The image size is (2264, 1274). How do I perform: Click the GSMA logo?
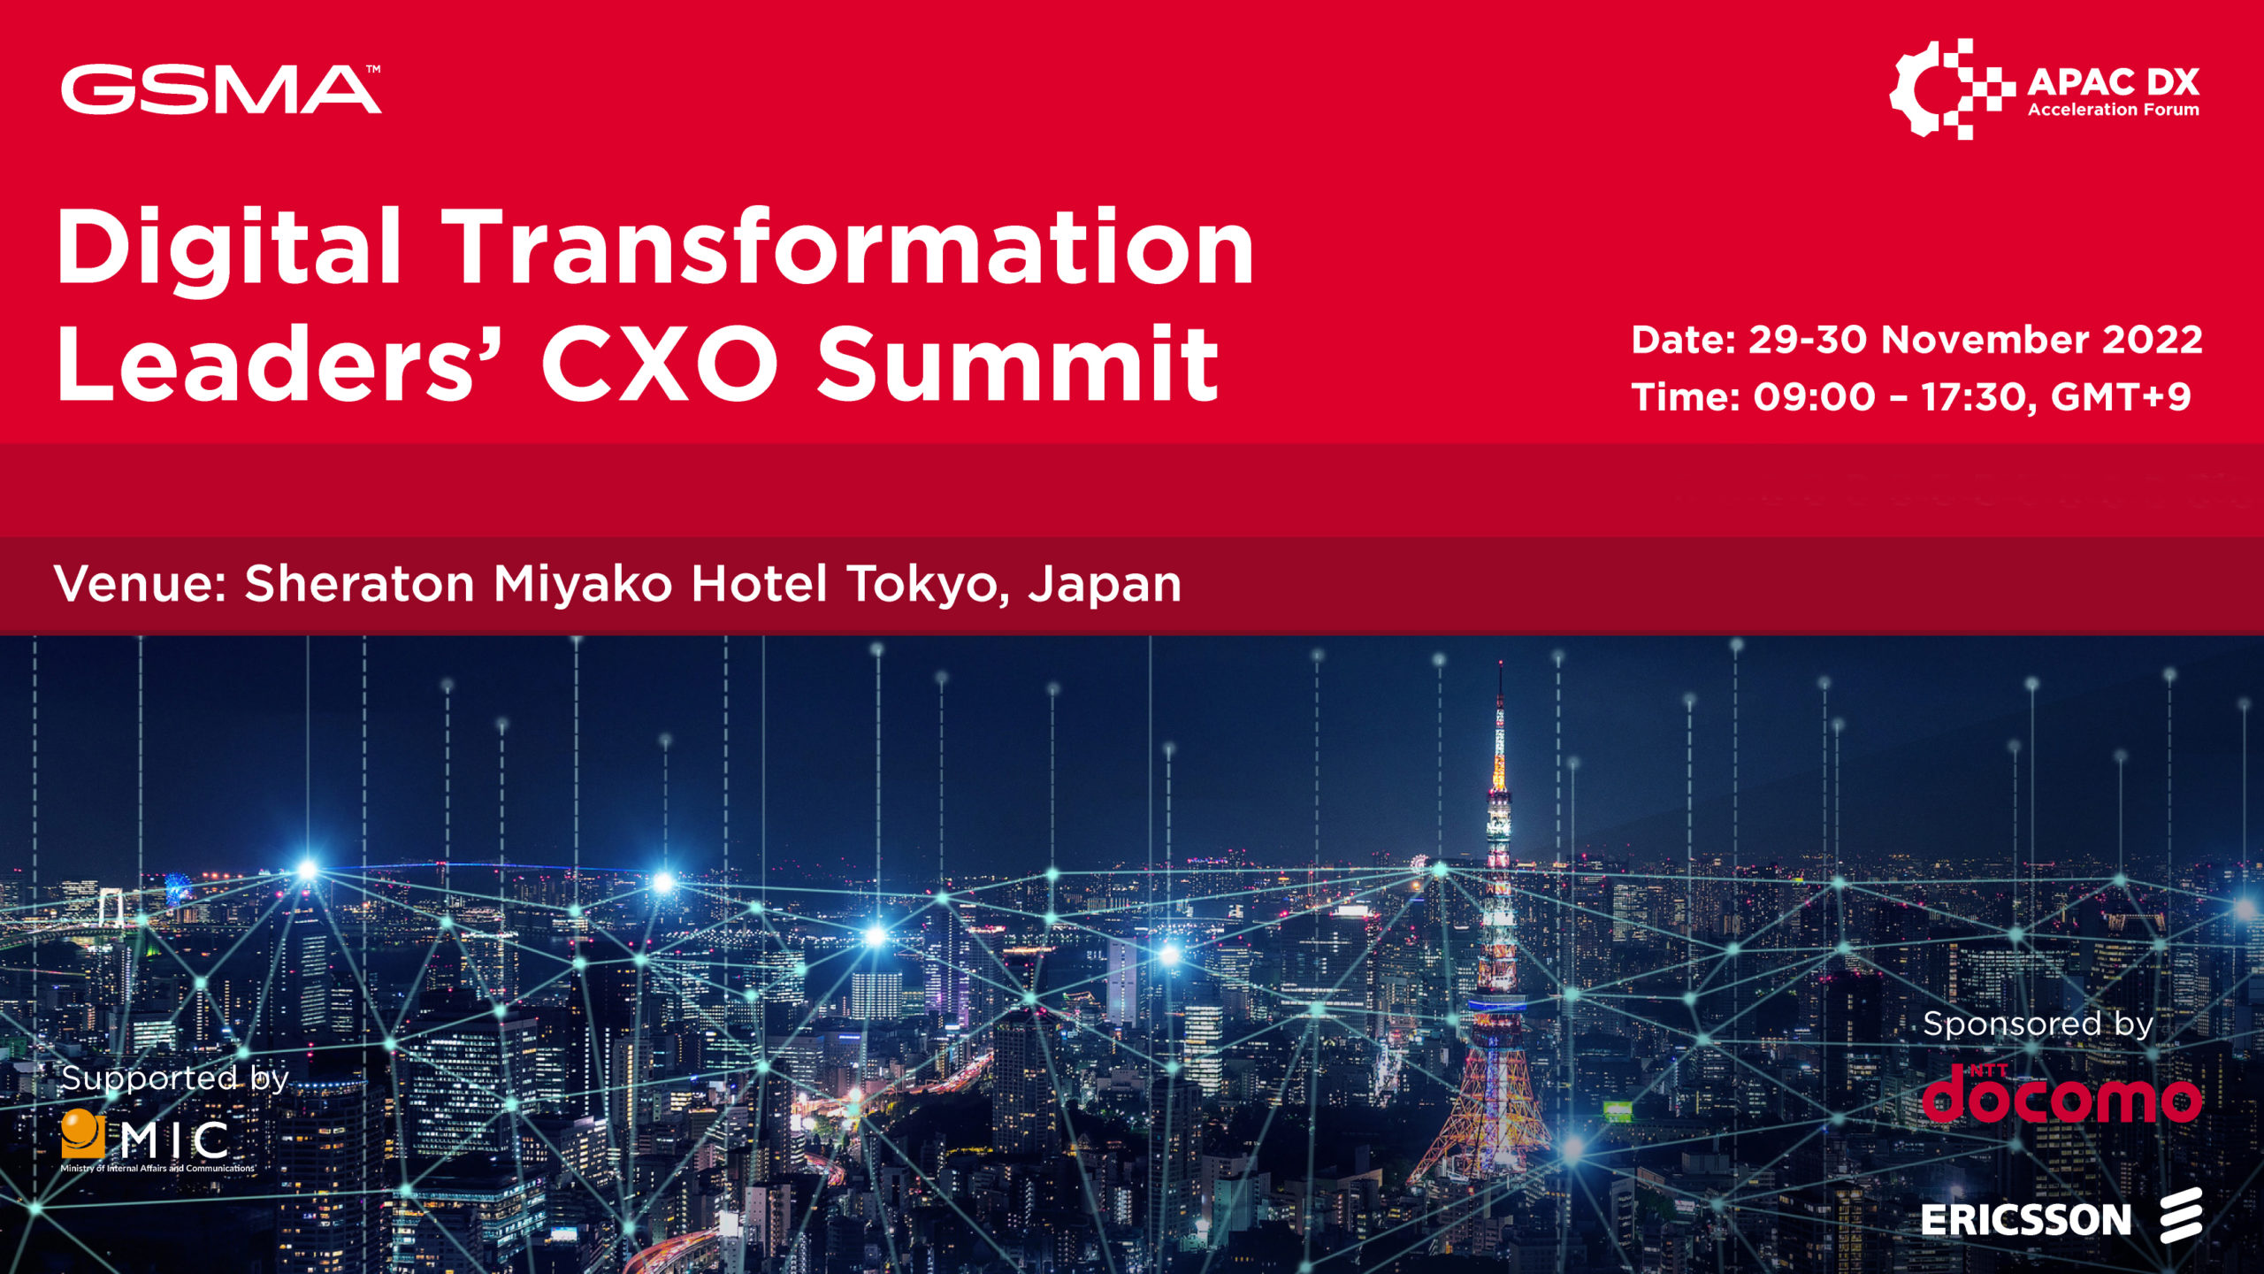pyautogui.click(x=221, y=89)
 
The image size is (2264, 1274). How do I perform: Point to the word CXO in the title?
pyautogui.click(x=659, y=363)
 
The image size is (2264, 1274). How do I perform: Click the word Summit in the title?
pyautogui.click(x=1017, y=363)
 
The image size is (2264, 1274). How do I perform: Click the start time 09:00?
pyautogui.click(x=1814, y=397)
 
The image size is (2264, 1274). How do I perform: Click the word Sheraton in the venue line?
pyautogui.click(x=359, y=584)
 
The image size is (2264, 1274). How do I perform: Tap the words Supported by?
pyautogui.click(x=174, y=1078)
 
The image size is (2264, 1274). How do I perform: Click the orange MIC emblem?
pyautogui.click(x=82, y=1133)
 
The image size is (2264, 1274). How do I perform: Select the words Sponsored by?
pyautogui.click(x=2037, y=1025)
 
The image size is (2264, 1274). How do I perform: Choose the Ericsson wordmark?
pyautogui.click(x=2025, y=1221)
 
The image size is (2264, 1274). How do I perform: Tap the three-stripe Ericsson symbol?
pyautogui.click(x=2180, y=1216)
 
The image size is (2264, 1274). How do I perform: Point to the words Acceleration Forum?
pyautogui.click(x=2113, y=110)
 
